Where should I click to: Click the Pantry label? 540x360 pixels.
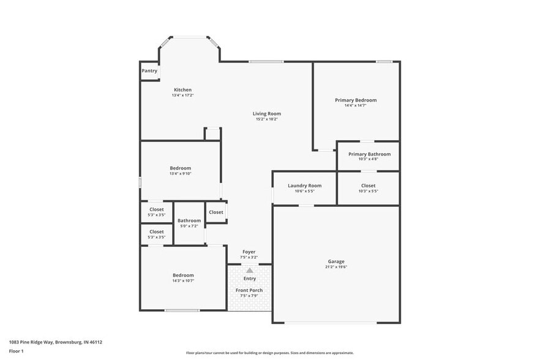149,71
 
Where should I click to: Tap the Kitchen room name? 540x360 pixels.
182,90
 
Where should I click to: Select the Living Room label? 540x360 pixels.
267,113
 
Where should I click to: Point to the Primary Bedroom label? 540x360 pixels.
356,100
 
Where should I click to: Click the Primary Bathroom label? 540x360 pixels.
369,154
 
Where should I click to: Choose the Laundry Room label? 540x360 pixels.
304,186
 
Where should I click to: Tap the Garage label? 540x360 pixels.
336,261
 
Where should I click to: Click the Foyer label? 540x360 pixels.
249,252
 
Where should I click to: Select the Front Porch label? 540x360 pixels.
249,290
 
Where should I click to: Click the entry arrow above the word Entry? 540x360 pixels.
249,270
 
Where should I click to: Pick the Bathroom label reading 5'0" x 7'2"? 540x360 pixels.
189,220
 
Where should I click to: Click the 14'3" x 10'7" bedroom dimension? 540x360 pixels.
183,281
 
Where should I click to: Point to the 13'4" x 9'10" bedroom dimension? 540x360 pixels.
181,174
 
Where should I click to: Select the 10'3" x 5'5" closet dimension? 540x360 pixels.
368,191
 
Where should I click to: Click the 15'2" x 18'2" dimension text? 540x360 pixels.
267,119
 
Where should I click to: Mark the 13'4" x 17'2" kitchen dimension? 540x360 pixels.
182,96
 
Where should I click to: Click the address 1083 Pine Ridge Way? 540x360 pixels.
56,342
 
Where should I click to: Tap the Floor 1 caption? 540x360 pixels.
16,351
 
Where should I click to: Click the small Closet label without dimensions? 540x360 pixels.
216,212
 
